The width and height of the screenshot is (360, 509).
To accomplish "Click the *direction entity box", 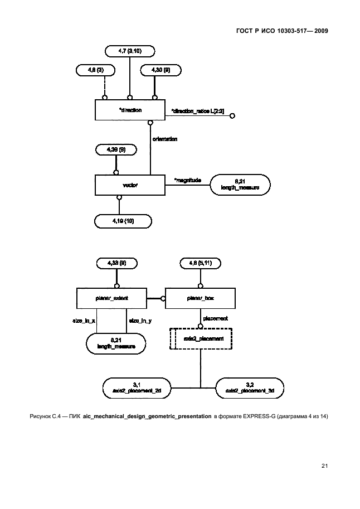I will (x=130, y=110).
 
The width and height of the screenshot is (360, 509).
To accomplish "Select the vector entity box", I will (x=130, y=185).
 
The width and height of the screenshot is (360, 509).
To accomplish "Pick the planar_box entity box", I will (x=200, y=299).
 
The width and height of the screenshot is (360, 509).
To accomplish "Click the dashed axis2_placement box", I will (x=200, y=338).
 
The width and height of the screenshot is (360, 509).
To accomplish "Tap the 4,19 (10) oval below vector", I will (x=123, y=221).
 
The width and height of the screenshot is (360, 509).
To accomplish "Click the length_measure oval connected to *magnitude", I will (x=240, y=185).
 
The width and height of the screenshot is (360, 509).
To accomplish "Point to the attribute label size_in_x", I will (x=84, y=321).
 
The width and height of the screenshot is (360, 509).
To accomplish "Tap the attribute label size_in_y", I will (x=140, y=321).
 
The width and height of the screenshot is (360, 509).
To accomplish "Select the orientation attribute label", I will (x=165, y=138).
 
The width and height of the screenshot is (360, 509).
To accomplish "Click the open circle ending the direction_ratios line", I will (x=232, y=116).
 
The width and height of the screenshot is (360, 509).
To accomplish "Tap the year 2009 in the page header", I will (x=318, y=31).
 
